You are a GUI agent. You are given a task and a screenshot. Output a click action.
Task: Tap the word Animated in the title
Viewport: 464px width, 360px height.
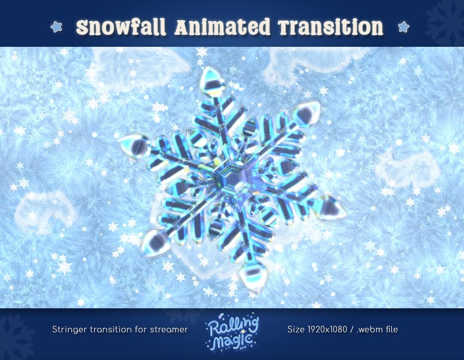click(223, 28)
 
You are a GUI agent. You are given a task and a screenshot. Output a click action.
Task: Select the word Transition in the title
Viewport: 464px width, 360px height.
click(330, 28)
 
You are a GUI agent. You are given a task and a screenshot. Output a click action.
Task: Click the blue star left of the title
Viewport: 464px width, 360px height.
click(56, 27)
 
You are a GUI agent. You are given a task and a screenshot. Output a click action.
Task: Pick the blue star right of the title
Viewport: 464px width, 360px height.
click(403, 27)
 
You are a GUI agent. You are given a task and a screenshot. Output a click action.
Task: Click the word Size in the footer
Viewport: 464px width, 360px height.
click(295, 330)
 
